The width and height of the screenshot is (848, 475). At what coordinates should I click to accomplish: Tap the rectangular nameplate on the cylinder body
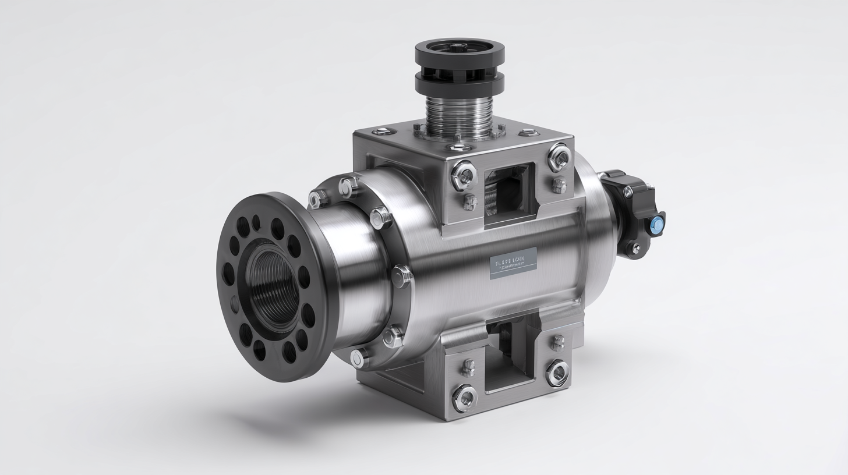point(513,263)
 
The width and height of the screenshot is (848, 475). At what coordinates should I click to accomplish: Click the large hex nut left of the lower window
point(464,398)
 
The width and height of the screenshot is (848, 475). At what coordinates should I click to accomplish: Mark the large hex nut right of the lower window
point(557,372)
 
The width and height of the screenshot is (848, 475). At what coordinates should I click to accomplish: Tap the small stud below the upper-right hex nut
point(558,185)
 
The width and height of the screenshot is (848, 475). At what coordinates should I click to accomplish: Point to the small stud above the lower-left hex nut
point(468,367)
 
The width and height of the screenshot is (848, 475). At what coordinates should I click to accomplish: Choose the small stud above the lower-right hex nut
point(557,342)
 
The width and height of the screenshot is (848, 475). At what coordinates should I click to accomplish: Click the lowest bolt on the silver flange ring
point(358,357)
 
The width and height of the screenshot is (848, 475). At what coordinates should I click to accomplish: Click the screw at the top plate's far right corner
point(527,133)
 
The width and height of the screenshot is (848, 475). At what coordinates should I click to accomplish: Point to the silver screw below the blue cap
point(635,249)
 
